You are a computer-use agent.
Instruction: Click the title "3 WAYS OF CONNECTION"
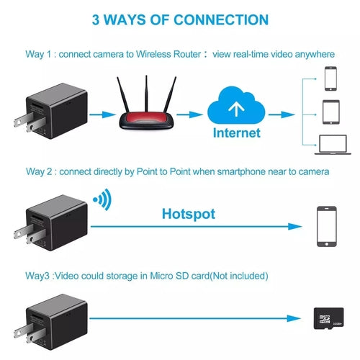pos(179,19)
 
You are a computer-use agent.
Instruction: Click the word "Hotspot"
pos(188,214)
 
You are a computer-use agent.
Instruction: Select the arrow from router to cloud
pos(189,113)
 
